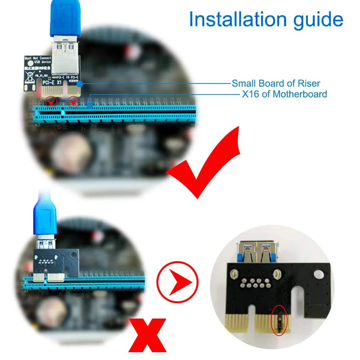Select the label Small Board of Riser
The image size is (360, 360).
click(276, 84)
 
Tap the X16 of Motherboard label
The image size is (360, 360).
click(284, 94)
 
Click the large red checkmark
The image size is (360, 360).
click(205, 162)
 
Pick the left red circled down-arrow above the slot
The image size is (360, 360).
click(51, 102)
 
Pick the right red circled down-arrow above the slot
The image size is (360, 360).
click(73, 102)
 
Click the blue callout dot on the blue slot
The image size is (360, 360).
click(90, 105)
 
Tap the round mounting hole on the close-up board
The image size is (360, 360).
click(319, 274)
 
